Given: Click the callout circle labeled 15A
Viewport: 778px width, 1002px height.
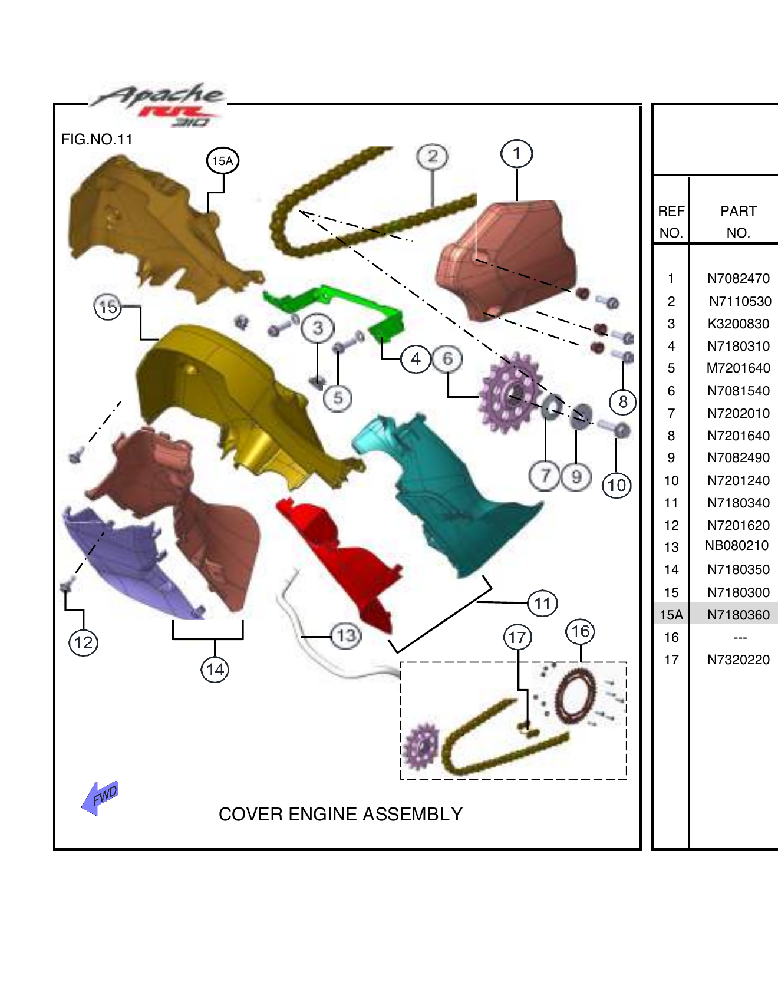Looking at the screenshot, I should (222, 161).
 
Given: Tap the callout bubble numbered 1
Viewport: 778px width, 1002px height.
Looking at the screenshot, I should (517, 154).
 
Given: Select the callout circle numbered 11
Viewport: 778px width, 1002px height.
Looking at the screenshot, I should (542, 604).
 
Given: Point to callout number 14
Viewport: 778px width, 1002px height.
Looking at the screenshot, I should (215, 670).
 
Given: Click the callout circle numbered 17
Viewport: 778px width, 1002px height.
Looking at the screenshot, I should (517, 637).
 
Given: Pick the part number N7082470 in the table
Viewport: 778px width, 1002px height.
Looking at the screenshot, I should (738, 279).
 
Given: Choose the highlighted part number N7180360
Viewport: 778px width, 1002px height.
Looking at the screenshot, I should (738, 615).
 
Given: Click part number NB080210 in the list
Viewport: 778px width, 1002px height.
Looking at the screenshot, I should (736, 546).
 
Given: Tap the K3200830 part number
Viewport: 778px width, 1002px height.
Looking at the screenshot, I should (738, 324).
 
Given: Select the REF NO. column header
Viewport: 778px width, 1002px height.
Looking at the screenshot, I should (671, 222).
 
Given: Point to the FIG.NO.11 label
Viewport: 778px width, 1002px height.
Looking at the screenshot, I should (97, 140).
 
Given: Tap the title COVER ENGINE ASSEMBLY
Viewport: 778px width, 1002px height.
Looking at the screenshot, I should (340, 815).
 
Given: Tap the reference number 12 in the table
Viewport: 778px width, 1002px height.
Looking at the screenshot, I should (671, 525).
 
